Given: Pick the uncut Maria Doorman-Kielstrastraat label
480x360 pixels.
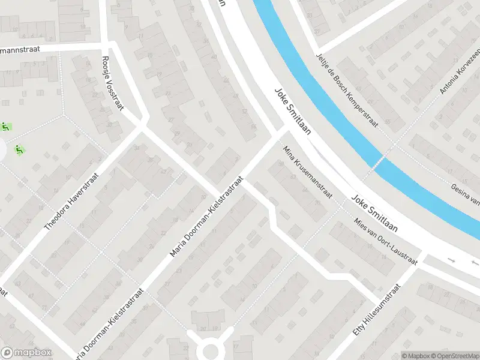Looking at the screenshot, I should tap(206, 217).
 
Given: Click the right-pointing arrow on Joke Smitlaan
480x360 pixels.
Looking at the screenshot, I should tap(452, 260).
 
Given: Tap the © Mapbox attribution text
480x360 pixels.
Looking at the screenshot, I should tap(416, 356).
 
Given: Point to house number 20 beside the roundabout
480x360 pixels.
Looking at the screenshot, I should tap(203, 329).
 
